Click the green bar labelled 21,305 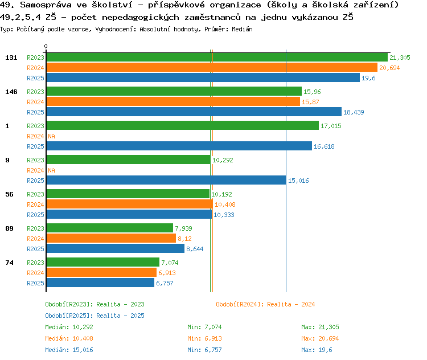[x=217, y=57]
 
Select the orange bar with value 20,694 [x=212, y=67]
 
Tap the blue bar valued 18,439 [x=194, y=112]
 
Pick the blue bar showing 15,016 [x=166, y=180]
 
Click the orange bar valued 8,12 [x=111, y=238]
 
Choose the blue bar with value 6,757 [x=100, y=283]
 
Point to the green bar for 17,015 [x=182, y=125]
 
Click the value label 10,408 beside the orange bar [x=225, y=204]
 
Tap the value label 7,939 [x=183, y=228]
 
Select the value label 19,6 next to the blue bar [x=368, y=78]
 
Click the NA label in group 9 [x=51, y=170]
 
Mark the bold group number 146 [x=11, y=92]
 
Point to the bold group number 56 [x=9, y=194]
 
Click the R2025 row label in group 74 [x=35, y=283]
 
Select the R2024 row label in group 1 [x=35, y=136]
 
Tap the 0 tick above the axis [x=46, y=46]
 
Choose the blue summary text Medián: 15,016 [x=69, y=350]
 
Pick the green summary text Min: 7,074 [x=204, y=327]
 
